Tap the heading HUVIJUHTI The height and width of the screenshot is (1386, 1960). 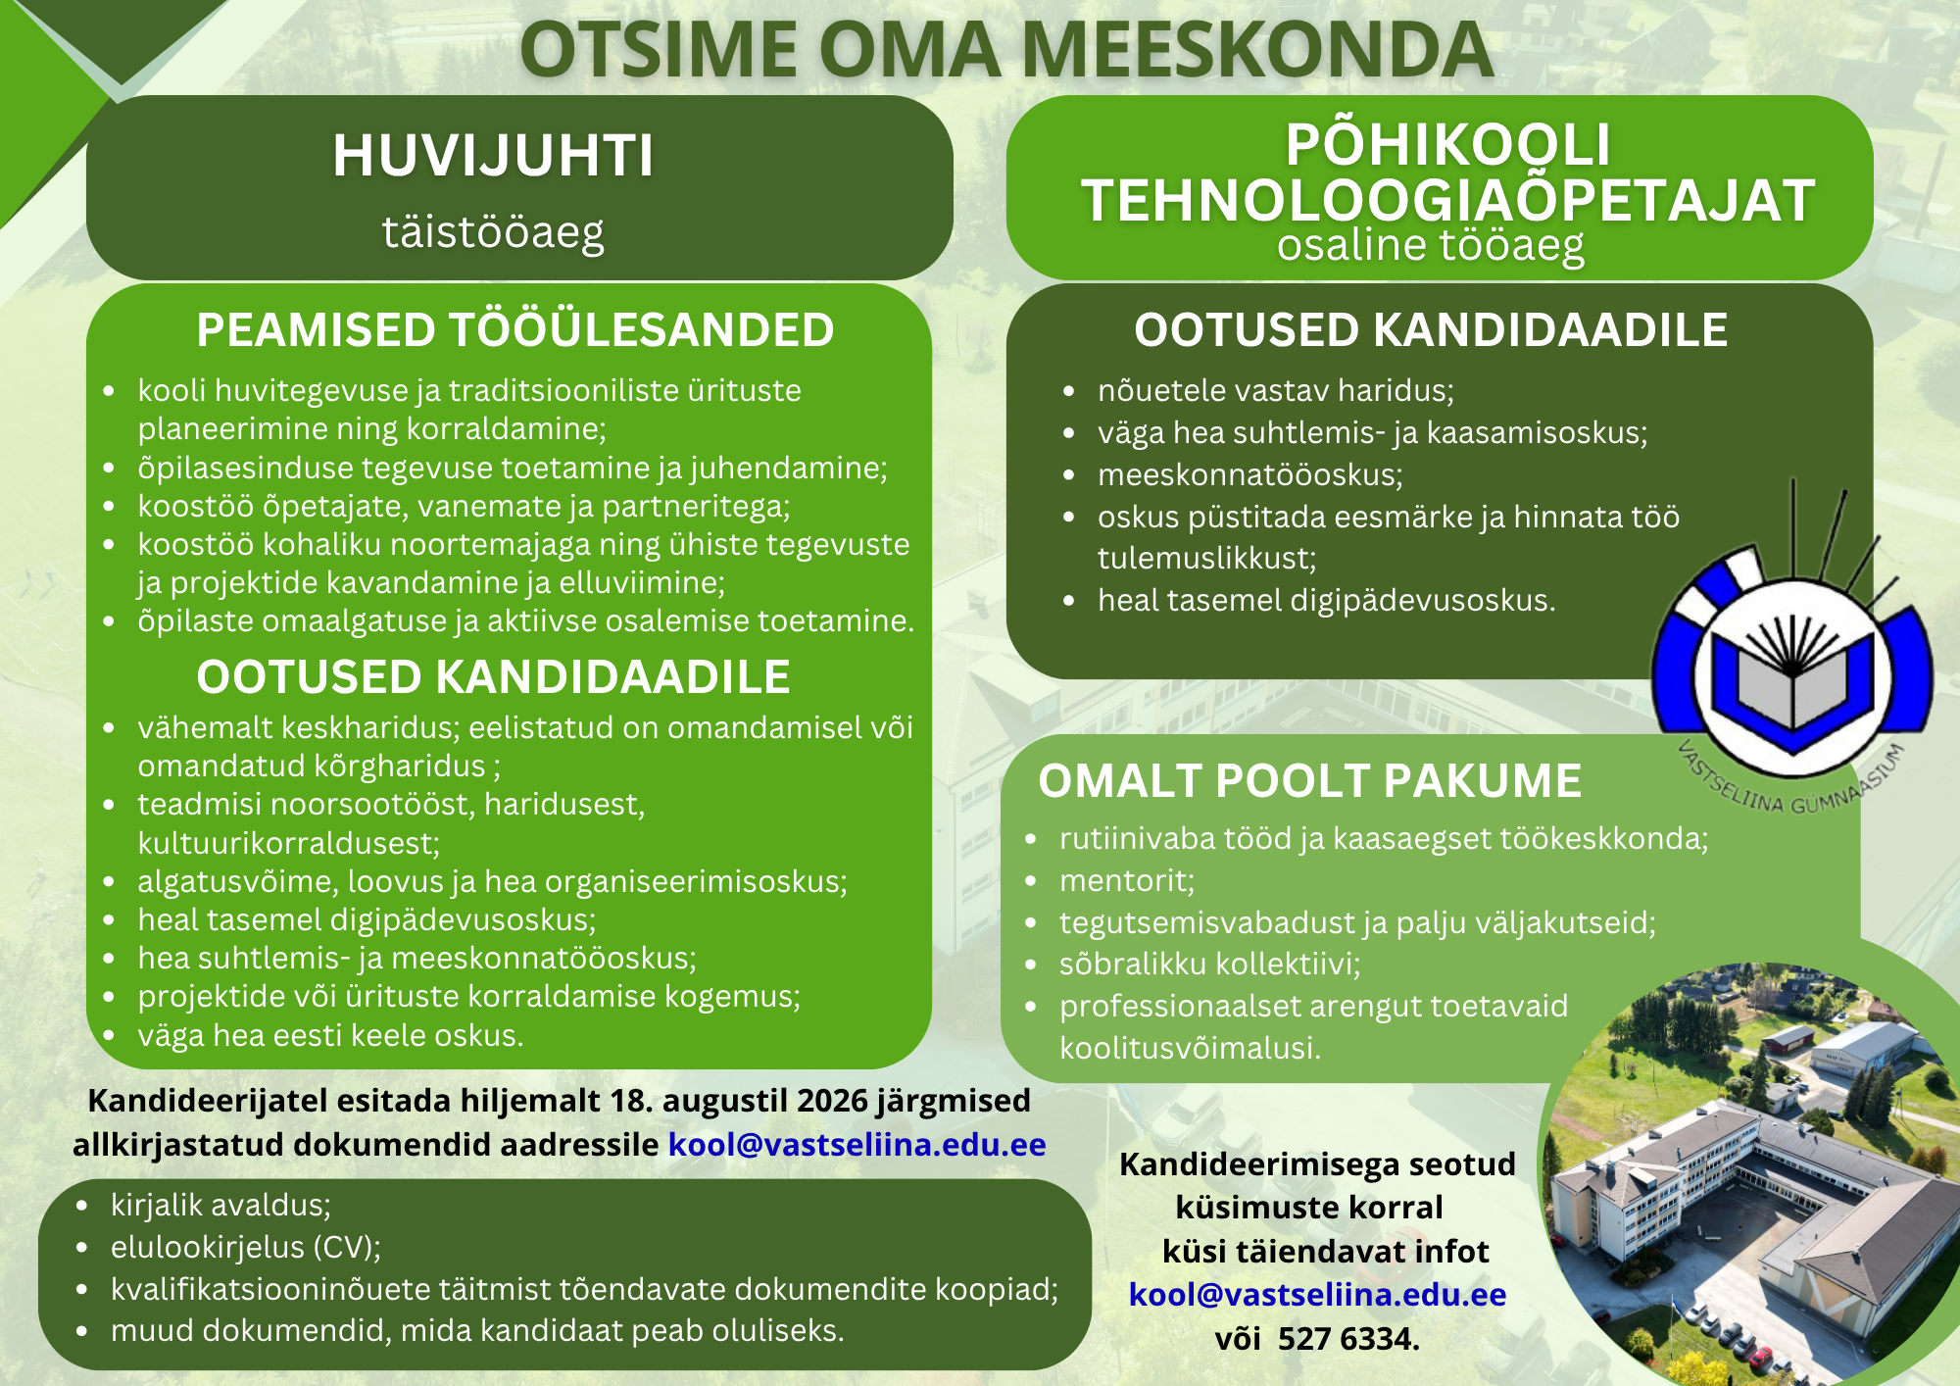(x=493, y=156)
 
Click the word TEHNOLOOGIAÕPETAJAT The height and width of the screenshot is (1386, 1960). (x=1448, y=201)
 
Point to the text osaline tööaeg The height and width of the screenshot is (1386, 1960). (x=1431, y=245)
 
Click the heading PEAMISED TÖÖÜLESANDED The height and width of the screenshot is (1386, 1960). (x=515, y=330)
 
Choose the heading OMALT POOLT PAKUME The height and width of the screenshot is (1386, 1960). (x=1310, y=781)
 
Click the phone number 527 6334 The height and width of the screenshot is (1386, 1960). (x=1348, y=1339)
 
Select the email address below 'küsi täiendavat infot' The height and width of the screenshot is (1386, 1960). (x=1318, y=1295)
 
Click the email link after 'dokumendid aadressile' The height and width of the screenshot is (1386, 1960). (x=857, y=1145)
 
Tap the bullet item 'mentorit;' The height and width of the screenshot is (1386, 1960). (x=1127, y=881)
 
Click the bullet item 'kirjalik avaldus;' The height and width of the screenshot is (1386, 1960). (x=220, y=1206)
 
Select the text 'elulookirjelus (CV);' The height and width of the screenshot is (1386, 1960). (x=246, y=1248)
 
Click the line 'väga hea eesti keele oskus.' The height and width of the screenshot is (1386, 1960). (x=330, y=1036)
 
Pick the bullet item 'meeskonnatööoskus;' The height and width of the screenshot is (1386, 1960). (x=1250, y=475)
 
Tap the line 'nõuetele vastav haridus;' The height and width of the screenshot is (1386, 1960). (x=1276, y=391)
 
